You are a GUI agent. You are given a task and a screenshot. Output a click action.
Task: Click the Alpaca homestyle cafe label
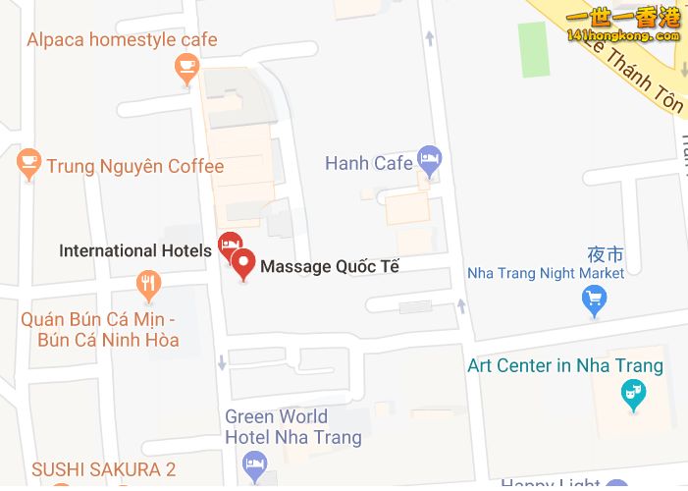pos(122,40)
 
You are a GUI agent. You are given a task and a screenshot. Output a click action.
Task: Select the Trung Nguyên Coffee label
pos(135,166)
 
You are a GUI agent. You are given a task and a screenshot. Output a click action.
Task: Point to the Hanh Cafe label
pos(368,163)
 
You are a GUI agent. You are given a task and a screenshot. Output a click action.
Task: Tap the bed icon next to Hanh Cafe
pos(429,157)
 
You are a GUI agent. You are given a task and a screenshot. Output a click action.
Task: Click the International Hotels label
pos(134,250)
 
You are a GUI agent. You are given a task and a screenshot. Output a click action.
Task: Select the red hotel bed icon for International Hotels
pos(230,244)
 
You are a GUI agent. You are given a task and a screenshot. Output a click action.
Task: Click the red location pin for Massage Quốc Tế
pos(243,263)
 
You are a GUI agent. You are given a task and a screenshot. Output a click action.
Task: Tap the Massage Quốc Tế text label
pos(330,266)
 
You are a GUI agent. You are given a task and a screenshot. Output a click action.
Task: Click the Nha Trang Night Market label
pos(545,273)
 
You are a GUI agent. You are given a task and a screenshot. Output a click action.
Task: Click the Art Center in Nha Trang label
pos(564,366)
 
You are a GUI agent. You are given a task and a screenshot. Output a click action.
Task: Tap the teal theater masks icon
pos(634,396)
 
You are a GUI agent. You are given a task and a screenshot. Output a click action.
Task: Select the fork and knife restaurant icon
pos(148,286)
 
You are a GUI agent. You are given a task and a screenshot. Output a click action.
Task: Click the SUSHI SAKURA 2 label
pos(104,469)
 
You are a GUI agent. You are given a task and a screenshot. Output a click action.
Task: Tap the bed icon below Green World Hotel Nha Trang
pos(255,464)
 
